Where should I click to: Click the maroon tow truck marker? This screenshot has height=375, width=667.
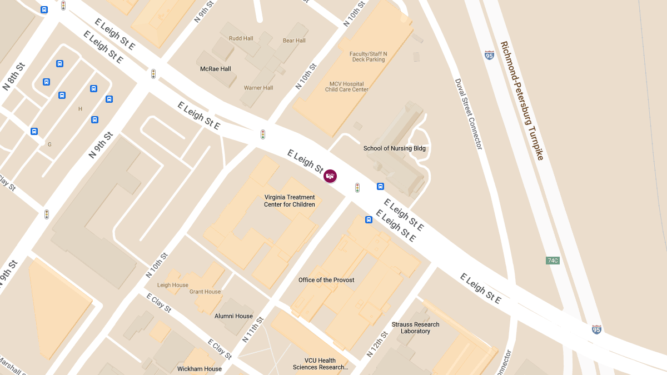coord(330,176)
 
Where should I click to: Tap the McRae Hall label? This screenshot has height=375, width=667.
coord(216,69)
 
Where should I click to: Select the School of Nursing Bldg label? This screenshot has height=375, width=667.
coord(394,148)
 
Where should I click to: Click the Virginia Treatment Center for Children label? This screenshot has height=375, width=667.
coord(290,201)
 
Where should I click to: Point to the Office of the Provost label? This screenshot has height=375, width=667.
coord(326,280)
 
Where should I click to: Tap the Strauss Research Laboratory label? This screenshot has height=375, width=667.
coord(415,328)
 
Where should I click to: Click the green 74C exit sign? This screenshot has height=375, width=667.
coord(552,260)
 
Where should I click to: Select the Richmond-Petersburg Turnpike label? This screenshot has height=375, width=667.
coord(521,101)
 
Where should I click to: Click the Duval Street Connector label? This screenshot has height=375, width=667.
coord(469,114)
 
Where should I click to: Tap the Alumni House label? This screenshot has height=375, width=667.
coord(233,316)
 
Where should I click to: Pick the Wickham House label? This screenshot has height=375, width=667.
coord(199,369)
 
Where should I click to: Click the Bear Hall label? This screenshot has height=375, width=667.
coord(294,41)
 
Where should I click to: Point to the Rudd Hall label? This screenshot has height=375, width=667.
coord(241,38)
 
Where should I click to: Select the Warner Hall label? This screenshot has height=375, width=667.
coord(258,88)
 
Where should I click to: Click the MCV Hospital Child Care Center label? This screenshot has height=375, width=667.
coord(347,87)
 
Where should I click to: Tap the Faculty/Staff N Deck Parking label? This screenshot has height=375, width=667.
coord(368,57)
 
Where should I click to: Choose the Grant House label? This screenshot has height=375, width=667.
coord(205,292)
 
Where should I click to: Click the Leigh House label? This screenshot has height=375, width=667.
coord(172,285)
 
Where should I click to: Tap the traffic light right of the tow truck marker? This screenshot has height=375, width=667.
coord(357,188)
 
